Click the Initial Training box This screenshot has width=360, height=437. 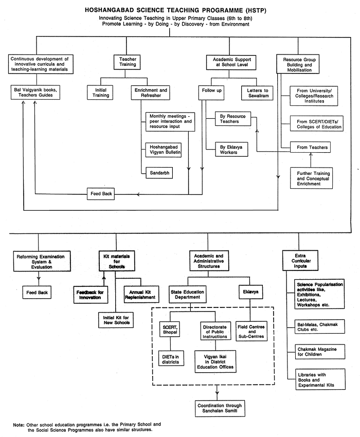coord(101,93)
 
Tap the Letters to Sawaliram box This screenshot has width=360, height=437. coord(258,93)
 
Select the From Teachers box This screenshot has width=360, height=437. coord(309,148)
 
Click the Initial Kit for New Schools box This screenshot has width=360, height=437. coord(116,320)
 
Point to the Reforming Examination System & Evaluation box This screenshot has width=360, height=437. coord(37,262)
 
